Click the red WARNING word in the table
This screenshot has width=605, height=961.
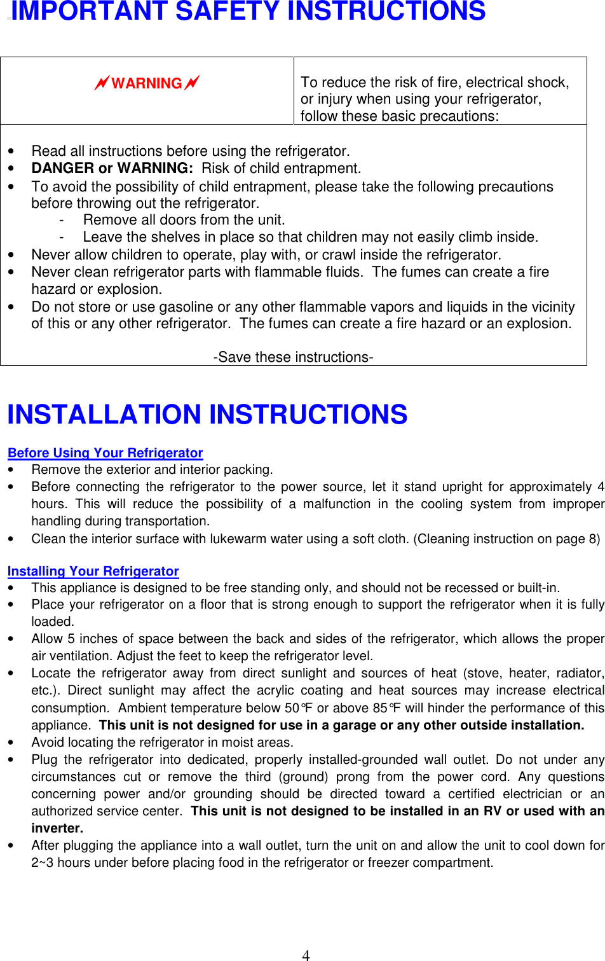click(x=147, y=83)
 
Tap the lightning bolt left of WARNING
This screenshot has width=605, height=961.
click(x=101, y=83)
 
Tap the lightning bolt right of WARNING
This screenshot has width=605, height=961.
click(x=192, y=83)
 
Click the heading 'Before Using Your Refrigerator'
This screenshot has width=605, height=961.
click(x=105, y=453)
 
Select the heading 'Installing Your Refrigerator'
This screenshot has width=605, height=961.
click(x=93, y=571)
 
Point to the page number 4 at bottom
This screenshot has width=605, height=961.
click(x=306, y=955)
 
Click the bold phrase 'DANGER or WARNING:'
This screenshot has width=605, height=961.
click(x=112, y=169)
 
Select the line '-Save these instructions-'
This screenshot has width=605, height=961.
click(x=293, y=357)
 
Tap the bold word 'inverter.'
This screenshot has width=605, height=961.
click(x=57, y=828)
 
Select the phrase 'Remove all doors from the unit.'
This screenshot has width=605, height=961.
click(x=184, y=220)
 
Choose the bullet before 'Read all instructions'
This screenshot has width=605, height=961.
click(x=11, y=151)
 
